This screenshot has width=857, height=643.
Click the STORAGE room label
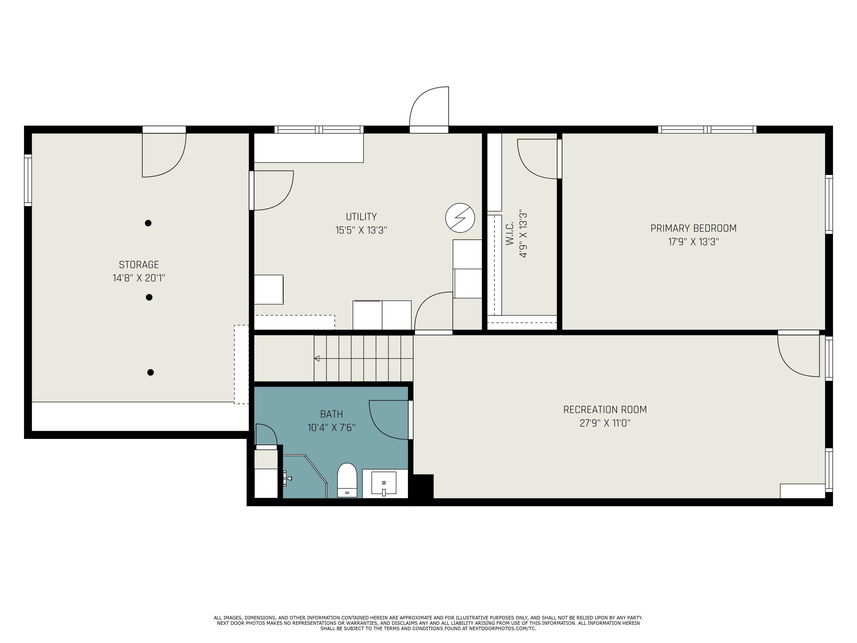[139, 265]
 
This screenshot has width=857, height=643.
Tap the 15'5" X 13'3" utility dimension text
[361, 230]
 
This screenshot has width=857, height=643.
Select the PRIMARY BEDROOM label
[693, 228]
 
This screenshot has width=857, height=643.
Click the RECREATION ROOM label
[605, 410]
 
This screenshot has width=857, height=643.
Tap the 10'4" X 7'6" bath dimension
[331, 428]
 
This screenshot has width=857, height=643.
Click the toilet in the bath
[347, 480]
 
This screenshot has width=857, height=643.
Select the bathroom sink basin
[384, 483]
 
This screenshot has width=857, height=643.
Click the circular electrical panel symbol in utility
[460, 218]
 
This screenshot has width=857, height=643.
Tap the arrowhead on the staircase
[317, 359]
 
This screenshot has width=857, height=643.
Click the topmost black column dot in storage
[148, 223]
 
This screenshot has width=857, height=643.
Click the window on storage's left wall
[28, 180]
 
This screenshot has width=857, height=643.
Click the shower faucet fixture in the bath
[287, 478]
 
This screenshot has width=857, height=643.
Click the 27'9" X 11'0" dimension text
[605, 423]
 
